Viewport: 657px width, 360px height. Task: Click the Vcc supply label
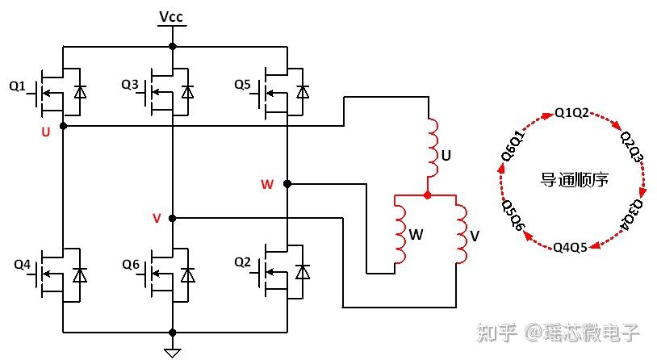(x=171, y=17)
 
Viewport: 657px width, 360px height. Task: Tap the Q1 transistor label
(x=17, y=86)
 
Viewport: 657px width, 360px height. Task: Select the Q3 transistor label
(x=129, y=85)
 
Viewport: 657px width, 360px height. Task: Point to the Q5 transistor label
(x=242, y=85)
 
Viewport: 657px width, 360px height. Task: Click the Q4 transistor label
(x=23, y=265)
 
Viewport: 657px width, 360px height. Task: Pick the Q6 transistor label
(x=130, y=265)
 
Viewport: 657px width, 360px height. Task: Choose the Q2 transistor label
(x=242, y=262)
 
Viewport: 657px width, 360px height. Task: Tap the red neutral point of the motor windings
(x=428, y=195)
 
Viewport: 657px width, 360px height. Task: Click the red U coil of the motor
(x=433, y=148)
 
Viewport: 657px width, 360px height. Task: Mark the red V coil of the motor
(x=462, y=234)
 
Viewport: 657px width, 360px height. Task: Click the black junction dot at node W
(x=287, y=183)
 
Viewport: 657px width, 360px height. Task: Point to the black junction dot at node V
(x=172, y=219)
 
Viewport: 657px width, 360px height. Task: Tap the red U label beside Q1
(x=46, y=132)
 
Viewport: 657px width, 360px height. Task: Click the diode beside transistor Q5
(x=303, y=92)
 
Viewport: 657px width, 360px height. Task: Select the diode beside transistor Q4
(x=80, y=275)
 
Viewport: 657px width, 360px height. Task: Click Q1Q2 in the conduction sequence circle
(x=571, y=113)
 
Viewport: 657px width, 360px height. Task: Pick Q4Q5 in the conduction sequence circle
(x=570, y=248)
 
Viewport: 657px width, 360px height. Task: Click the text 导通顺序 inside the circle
(x=575, y=180)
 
